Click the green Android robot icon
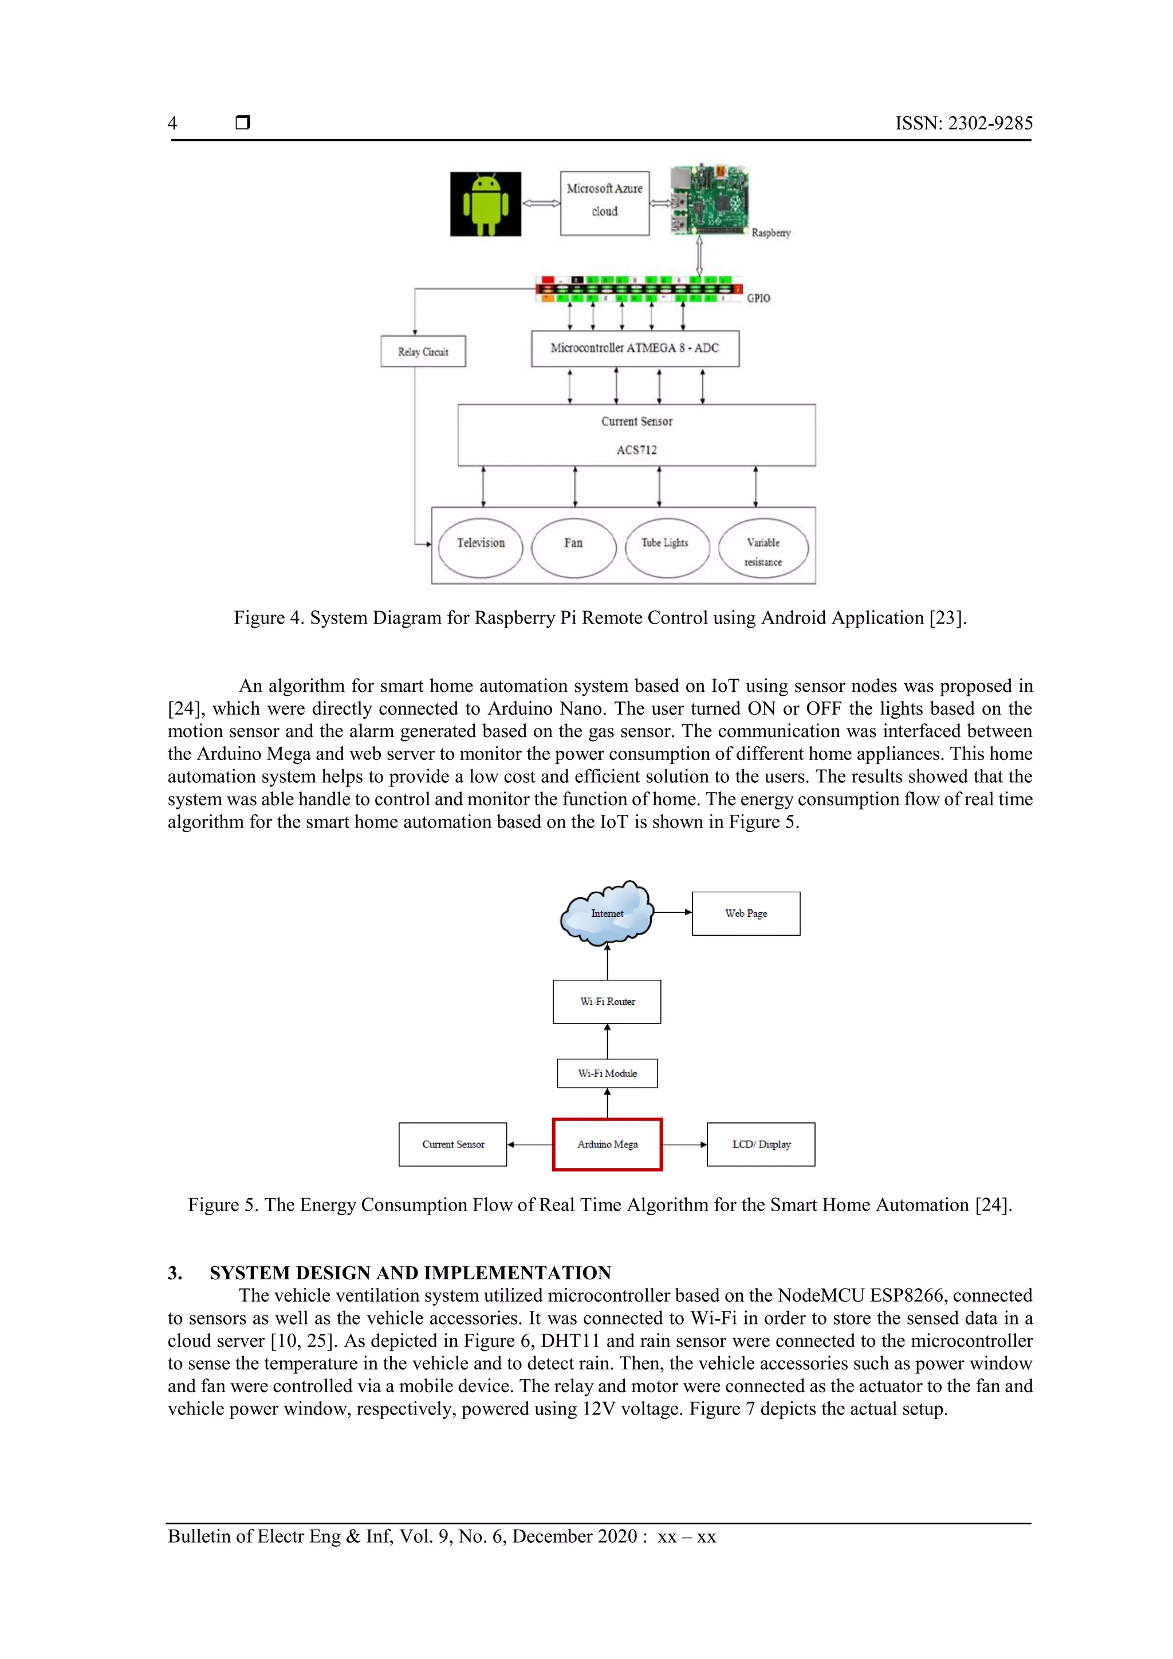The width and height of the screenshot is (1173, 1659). tap(485, 204)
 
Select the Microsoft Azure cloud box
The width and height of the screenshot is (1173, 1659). tap(604, 203)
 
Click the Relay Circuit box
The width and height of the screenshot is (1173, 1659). tap(423, 351)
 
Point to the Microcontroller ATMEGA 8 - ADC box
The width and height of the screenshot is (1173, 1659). tap(635, 348)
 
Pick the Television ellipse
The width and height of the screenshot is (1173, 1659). tap(481, 547)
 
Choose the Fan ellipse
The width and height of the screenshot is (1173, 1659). tap(573, 547)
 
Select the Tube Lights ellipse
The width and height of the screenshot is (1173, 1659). tap(665, 547)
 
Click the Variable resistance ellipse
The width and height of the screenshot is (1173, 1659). tap(763, 549)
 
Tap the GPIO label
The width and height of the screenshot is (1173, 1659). tap(758, 298)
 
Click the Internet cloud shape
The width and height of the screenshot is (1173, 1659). tap(607, 914)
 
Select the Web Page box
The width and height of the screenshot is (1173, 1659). tap(746, 913)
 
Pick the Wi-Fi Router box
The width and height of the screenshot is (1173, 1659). tap(607, 1002)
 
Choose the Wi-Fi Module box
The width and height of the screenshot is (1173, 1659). tap(607, 1073)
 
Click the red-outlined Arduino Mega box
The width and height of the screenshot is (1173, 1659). tap(607, 1144)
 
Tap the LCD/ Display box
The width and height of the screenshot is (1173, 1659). tap(761, 1144)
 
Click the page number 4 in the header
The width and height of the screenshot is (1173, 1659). tap(172, 124)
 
